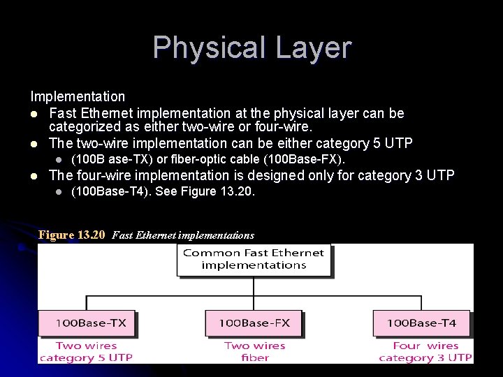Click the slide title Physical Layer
coord(251,47)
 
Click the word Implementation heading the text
coord(78,96)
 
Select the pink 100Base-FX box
coord(254,323)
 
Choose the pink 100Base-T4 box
coord(421,323)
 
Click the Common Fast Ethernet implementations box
coord(254,259)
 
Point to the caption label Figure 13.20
coord(71,235)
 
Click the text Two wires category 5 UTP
coord(86,352)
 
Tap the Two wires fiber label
coord(255,352)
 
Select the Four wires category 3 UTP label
coord(425,352)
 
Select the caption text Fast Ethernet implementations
coord(183,236)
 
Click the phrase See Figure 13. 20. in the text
coord(205,191)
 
